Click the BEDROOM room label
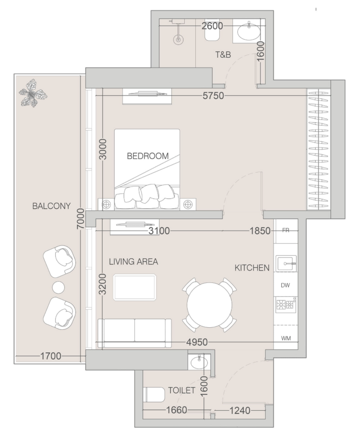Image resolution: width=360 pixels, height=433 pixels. tap(148, 156)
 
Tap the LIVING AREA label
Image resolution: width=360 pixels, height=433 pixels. tap(133, 262)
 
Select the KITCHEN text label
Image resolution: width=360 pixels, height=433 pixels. tap(252, 268)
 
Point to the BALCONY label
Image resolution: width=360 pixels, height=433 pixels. tap(52, 206)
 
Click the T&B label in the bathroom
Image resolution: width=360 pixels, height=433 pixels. tap(223, 55)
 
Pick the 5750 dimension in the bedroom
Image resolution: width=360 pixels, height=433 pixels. tap(213, 96)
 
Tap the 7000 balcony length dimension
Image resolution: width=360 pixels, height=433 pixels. tap(81, 219)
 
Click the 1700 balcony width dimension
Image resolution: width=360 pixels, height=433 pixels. tap(51, 356)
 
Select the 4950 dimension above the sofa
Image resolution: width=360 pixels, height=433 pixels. tap(197, 342)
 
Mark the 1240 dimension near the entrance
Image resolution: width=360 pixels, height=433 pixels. tap(240, 411)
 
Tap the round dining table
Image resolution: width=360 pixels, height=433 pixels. tap(209, 305)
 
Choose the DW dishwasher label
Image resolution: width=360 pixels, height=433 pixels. tap(285, 285)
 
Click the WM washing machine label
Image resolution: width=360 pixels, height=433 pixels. tap(286, 338)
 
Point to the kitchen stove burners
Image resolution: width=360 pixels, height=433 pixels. tap(286, 305)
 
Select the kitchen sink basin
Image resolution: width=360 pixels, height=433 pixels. tap(286, 263)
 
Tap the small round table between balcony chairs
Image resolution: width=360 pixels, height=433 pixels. tap(58, 288)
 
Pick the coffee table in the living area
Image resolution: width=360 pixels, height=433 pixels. tap(135, 288)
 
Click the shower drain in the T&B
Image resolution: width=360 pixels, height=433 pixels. tap(178, 39)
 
